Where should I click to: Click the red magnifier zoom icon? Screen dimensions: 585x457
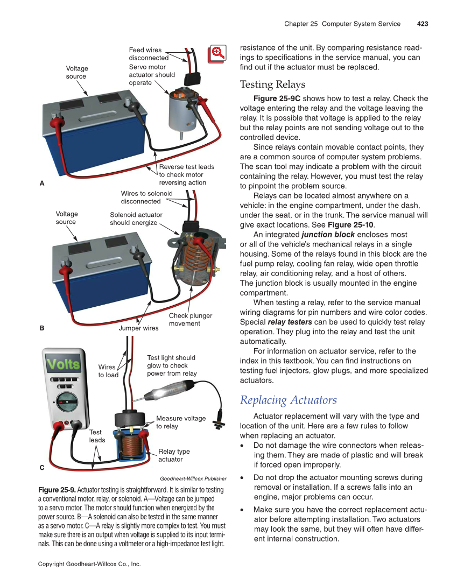(x=217, y=53)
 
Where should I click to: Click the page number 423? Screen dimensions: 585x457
(x=422, y=24)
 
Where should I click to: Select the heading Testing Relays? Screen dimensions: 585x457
(x=272, y=84)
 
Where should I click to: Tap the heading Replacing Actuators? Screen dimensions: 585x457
(x=289, y=400)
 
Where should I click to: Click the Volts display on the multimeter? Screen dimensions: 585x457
(x=64, y=364)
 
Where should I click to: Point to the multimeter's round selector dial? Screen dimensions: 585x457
(x=65, y=402)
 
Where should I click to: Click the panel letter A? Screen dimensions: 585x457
(x=42, y=183)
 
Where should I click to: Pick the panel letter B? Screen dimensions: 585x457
(x=42, y=327)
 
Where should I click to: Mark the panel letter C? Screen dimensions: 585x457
(x=42, y=468)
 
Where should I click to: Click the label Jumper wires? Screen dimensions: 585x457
(x=138, y=328)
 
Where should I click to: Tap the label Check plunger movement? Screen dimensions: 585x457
(x=190, y=319)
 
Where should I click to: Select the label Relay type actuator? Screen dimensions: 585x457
(x=174, y=455)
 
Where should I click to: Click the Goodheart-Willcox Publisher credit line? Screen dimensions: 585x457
(x=193, y=478)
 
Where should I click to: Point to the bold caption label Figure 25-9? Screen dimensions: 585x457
(x=57, y=490)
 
